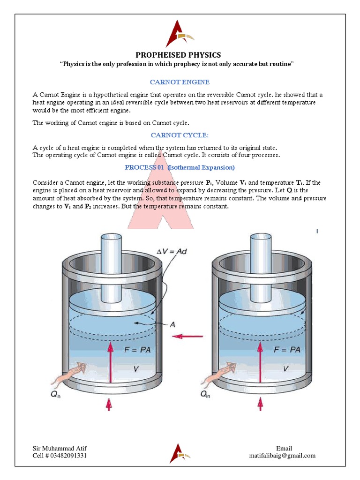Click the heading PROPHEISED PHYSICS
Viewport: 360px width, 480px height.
point(178,55)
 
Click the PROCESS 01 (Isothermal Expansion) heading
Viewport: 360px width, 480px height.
point(180,167)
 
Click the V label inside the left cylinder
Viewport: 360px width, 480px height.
point(135,369)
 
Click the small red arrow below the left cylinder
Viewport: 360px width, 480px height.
point(109,404)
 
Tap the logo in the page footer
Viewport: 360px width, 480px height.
point(180,453)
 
